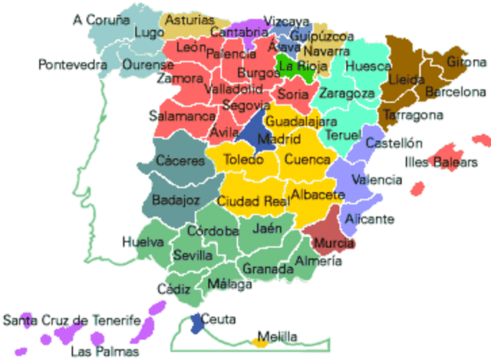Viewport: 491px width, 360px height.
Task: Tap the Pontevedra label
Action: tap(72, 65)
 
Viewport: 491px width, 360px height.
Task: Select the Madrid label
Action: tap(274, 140)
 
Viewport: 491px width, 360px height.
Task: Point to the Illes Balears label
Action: tap(441, 162)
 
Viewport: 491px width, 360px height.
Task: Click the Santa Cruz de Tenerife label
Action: tap(72, 320)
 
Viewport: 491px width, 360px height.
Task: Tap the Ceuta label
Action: tap(220, 319)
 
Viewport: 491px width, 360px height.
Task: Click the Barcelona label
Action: tap(456, 92)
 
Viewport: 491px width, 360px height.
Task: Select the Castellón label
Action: tap(394, 143)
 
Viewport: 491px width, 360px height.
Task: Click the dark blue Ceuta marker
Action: tap(197, 321)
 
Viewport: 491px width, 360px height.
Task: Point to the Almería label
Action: tap(318, 261)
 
